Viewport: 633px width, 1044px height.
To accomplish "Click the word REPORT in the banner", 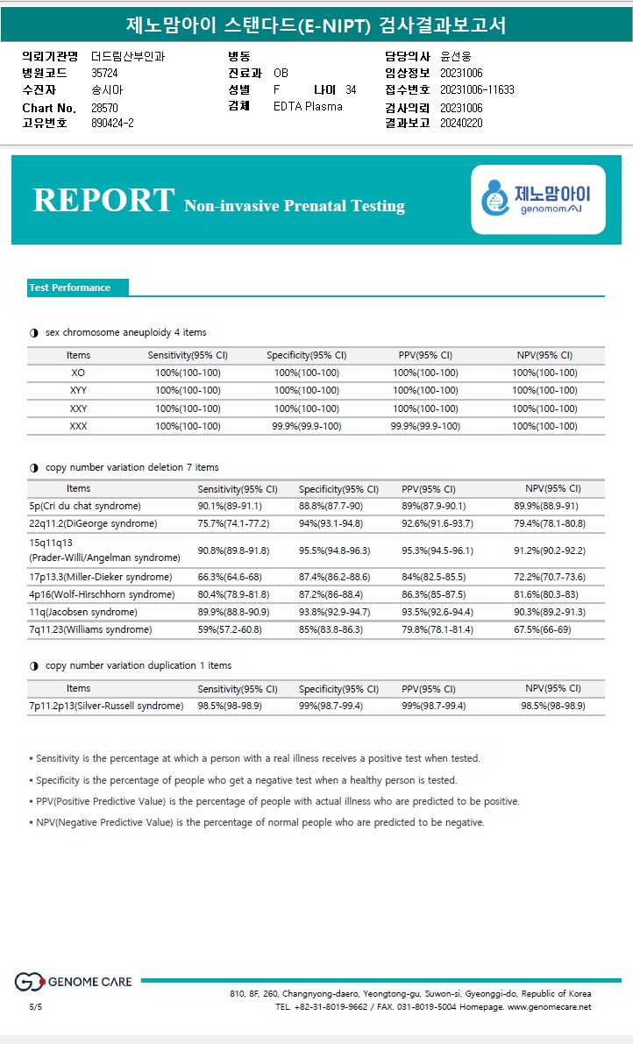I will click(x=103, y=200).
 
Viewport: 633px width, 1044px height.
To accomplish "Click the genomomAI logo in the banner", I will click(x=538, y=200).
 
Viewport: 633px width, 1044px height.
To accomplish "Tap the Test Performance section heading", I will click(x=70, y=288).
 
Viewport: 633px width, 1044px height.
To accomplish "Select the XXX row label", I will click(x=78, y=426).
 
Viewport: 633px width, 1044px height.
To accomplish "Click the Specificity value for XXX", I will click(x=306, y=426).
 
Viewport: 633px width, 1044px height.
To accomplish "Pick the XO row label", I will click(x=78, y=373).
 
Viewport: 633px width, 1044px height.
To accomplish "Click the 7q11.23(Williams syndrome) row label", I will click(x=90, y=629).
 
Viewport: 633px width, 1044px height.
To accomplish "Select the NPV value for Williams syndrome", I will click(x=549, y=629).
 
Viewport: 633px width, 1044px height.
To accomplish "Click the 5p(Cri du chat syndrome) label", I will click(x=84, y=506).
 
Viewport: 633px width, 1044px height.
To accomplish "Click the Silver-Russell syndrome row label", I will click(x=106, y=706).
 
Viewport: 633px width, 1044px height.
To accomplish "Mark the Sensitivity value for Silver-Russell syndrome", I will click(x=230, y=706).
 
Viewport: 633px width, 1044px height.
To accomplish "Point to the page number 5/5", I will click(x=35, y=1007).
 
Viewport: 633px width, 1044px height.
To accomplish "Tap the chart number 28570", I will click(x=104, y=108).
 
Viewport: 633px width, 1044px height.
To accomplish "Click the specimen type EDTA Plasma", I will click(x=308, y=106).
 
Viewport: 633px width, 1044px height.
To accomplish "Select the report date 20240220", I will click(x=461, y=123).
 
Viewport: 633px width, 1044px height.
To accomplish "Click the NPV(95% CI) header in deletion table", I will click(x=552, y=488).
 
